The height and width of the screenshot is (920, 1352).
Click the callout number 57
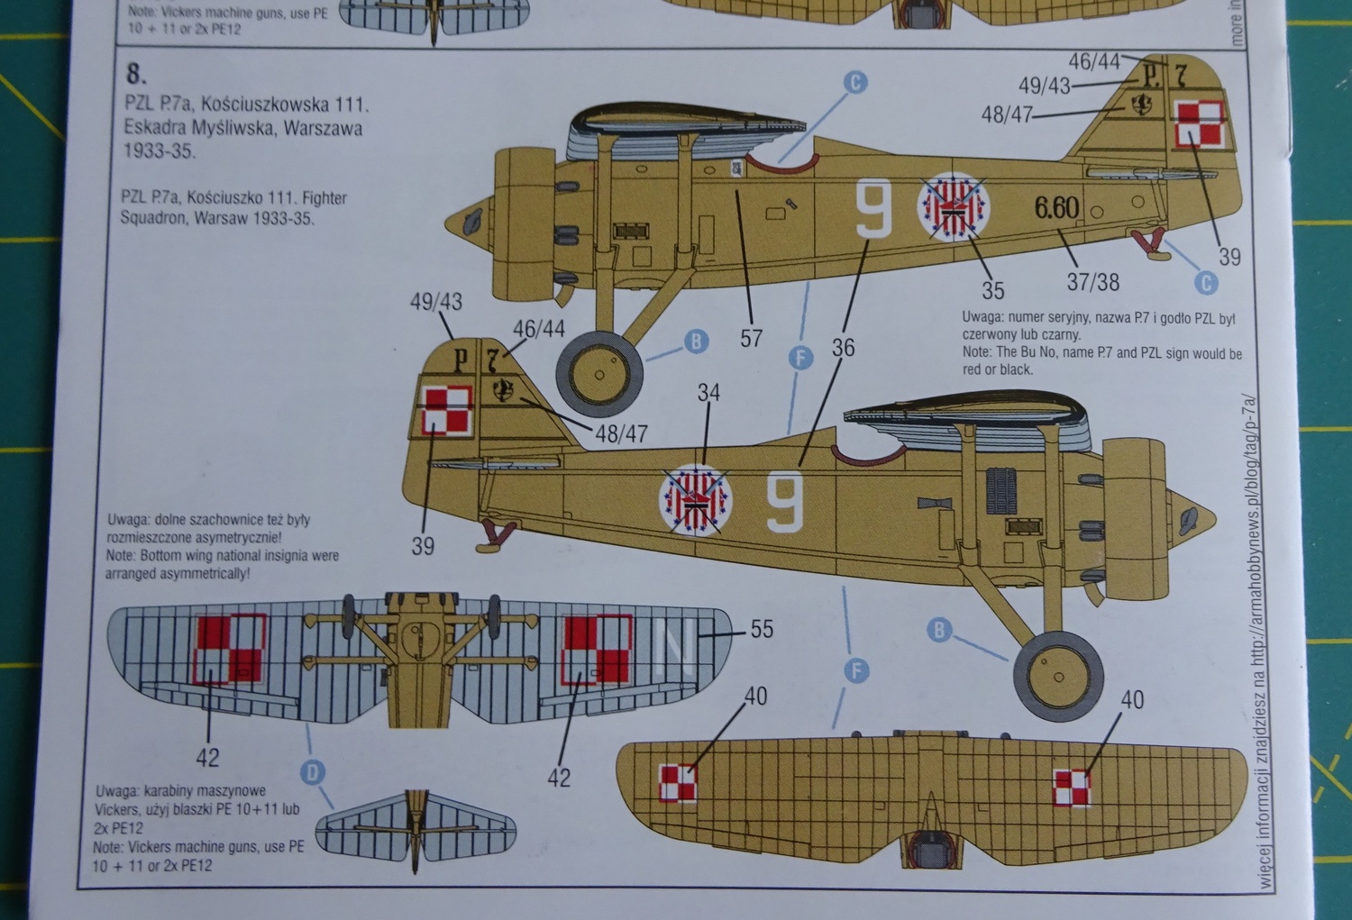tap(751, 338)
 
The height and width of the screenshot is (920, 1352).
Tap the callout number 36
tap(843, 347)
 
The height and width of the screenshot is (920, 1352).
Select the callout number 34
tap(708, 393)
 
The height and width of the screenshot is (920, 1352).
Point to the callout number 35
tap(992, 290)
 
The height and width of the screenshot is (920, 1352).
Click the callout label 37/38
tap(1092, 282)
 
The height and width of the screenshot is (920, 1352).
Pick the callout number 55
tap(762, 629)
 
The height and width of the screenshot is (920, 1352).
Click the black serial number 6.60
tap(1056, 208)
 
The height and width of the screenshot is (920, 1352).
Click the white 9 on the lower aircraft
tap(785, 501)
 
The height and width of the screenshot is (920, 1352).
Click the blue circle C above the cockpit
tap(854, 83)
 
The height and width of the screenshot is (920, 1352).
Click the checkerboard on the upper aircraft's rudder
tap(1200, 124)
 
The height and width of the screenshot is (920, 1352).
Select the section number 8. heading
tap(137, 73)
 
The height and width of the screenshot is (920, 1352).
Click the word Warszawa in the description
tap(322, 128)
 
